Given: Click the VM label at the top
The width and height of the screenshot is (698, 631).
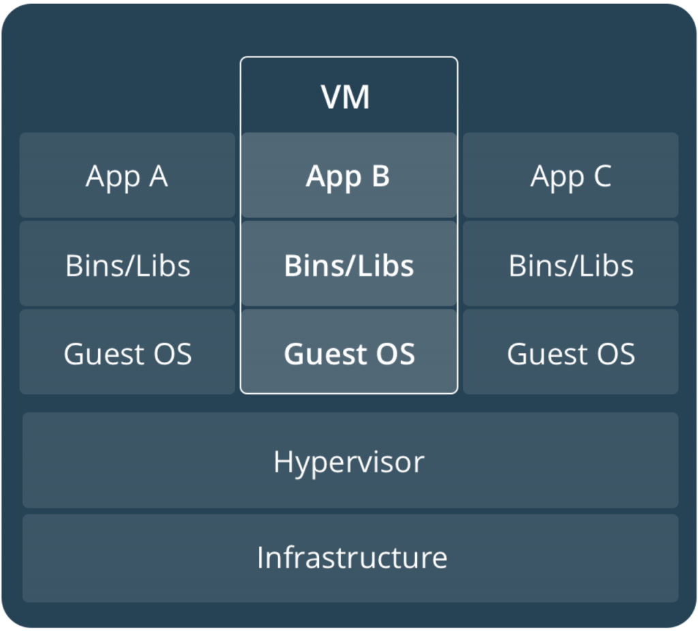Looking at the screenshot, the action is point(346,97).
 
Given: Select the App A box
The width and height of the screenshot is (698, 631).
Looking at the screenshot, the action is point(127,175).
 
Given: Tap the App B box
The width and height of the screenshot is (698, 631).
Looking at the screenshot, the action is point(349,175).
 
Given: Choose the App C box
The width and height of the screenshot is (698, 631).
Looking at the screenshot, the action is point(571,175).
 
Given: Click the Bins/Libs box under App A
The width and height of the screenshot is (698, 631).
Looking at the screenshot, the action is point(127,264).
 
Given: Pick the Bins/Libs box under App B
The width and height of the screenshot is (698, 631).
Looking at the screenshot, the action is point(349,264).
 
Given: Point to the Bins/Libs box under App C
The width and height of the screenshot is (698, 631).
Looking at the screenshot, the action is point(571,264).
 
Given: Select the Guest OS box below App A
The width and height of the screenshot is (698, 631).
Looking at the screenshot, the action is point(127,352).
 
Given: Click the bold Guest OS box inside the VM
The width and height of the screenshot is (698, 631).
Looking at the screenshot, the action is point(349,352).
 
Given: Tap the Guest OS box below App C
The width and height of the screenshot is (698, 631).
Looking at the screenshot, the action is point(571,352).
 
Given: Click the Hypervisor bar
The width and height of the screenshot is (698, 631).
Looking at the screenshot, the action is point(350,460).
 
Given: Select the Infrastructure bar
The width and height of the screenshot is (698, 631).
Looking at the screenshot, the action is point(350,558).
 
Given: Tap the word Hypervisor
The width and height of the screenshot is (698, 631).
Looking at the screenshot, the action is point(349,463).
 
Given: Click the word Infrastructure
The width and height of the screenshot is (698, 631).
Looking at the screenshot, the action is point(352,557).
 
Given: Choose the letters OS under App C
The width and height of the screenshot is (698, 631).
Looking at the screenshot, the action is point(616,354).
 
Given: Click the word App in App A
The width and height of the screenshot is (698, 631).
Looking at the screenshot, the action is point(112,178).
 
